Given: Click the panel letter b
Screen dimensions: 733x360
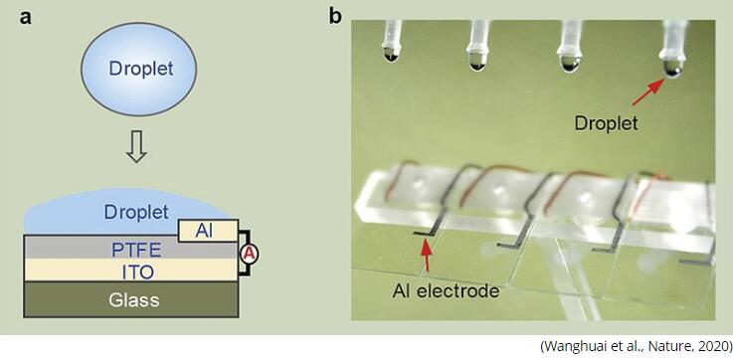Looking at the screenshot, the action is [335, 16].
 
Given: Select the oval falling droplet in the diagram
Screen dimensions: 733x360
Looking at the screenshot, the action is [139, 69].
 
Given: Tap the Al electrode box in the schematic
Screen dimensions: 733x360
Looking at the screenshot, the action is [209, 231].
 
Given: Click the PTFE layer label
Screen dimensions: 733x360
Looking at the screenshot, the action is [136, 251].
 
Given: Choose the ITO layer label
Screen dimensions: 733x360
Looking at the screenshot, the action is [136, 272].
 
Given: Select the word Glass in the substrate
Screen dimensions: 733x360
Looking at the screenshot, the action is [134, 300].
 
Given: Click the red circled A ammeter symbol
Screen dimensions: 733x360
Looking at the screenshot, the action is [250, 254].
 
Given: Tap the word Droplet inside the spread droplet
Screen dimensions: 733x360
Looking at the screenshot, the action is [136, 212].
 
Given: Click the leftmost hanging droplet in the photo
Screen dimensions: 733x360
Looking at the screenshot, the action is [391, 54].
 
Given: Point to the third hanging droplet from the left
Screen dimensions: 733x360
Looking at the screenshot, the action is [570, 63].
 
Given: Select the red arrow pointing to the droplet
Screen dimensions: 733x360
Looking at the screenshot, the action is [648, 91].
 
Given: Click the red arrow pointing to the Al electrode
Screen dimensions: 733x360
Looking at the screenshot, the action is [426, 256].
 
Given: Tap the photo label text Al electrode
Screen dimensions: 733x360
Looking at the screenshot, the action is [446, 291].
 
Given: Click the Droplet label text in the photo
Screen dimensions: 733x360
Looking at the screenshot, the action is [606, 123].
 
